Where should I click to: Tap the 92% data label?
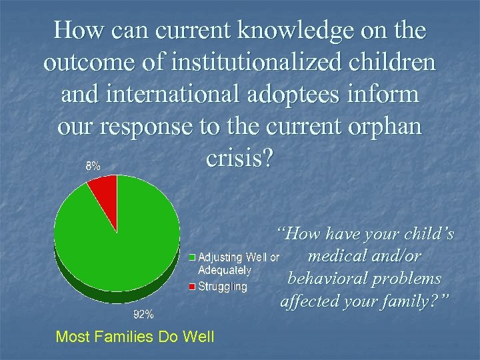(x=143, y=313)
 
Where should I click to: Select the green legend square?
(x=193, y=257)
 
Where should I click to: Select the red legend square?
(x=193, y=287)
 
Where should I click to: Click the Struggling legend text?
(x=223, y=287)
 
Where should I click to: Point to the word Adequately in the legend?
(x=225, y=270)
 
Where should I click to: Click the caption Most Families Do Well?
(x=135, y=337)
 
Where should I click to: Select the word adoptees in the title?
(x=319, y=94)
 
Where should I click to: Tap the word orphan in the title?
(x=386, y=126)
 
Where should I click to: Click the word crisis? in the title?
(x=239, y=159)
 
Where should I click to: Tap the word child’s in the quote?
(x=429, y=233)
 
